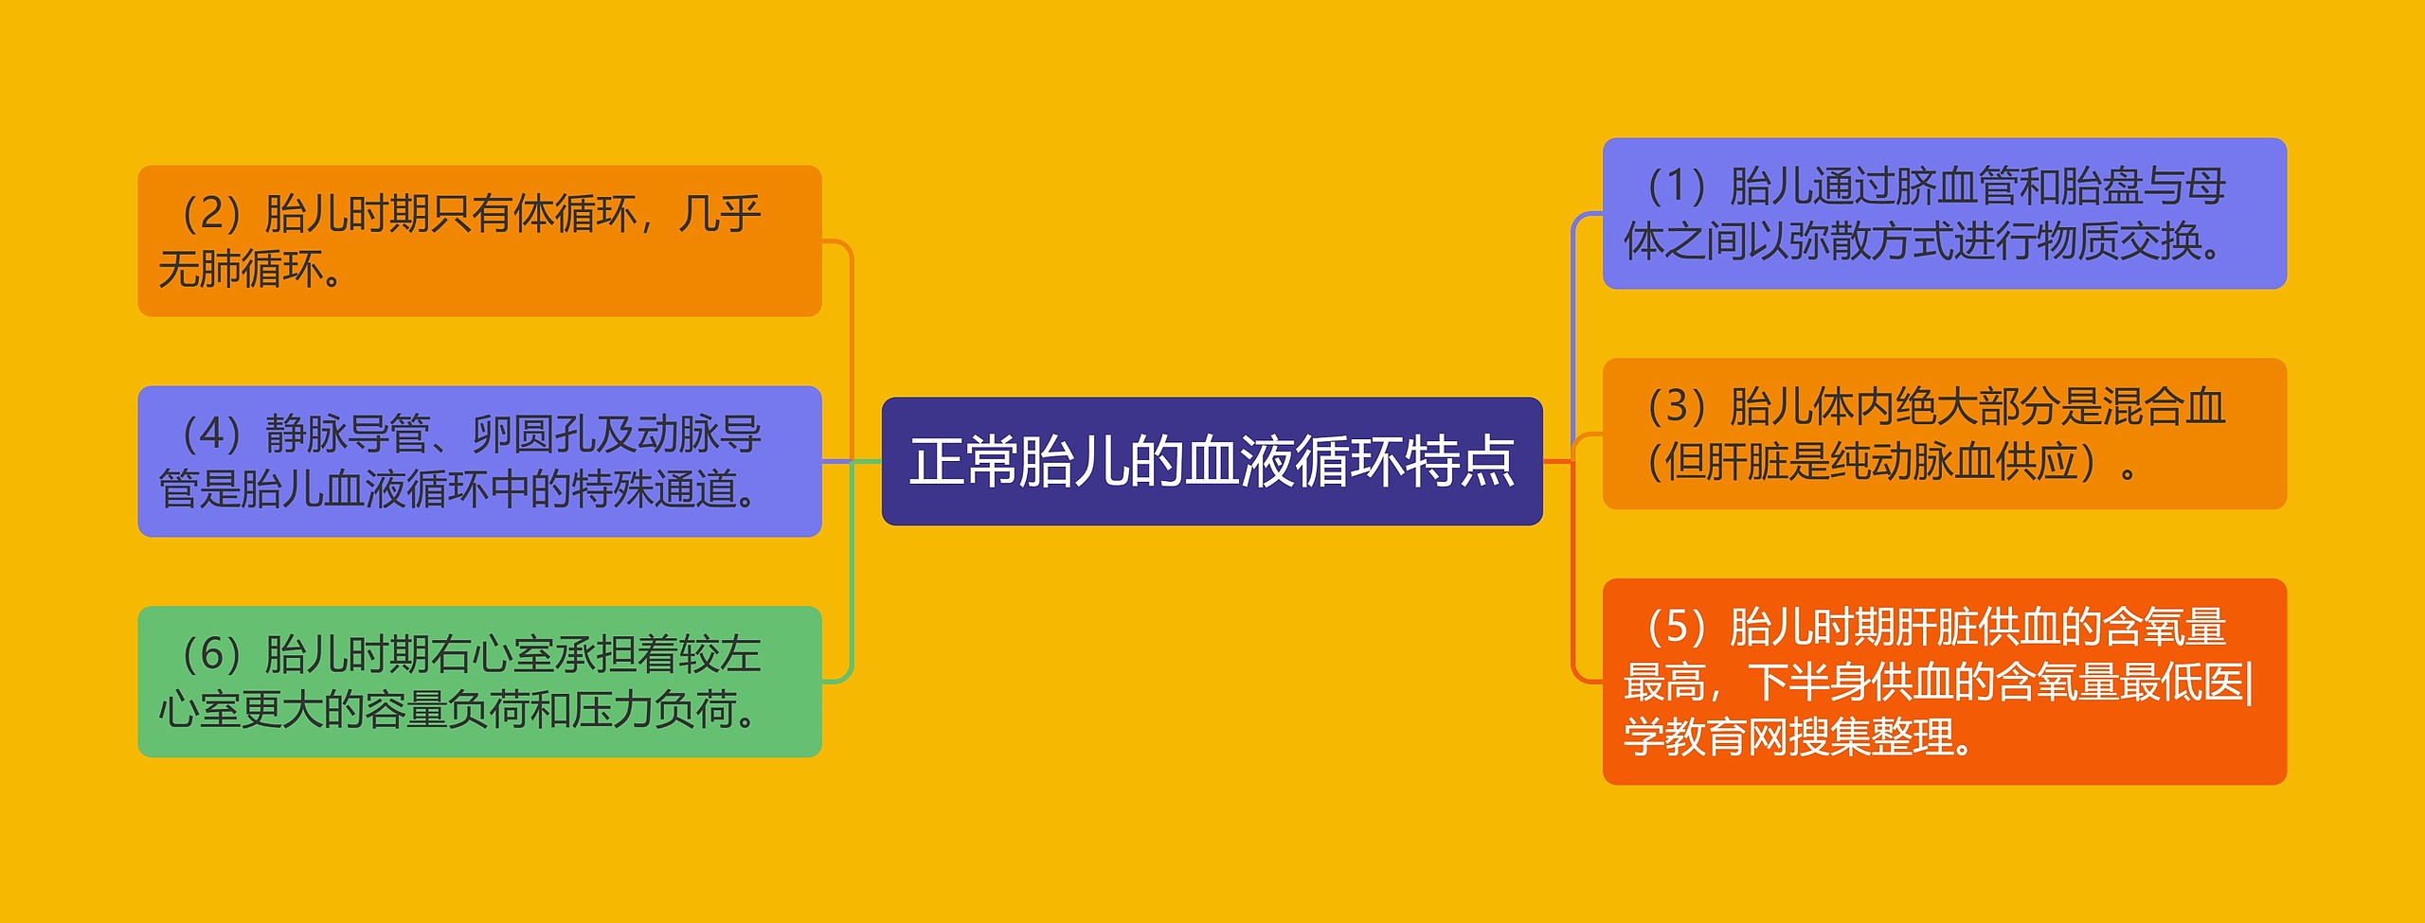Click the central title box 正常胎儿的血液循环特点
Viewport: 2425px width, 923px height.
pos(1212,461)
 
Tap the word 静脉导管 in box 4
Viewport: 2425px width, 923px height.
pos(348,435)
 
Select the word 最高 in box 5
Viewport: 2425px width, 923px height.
pos(1664,683)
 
